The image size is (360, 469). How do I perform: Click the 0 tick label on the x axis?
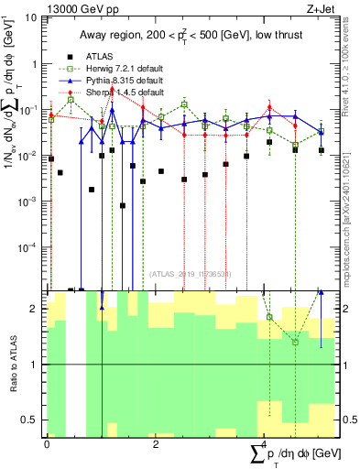click(47, 446)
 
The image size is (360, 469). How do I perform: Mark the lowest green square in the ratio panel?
click(295, 342)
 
